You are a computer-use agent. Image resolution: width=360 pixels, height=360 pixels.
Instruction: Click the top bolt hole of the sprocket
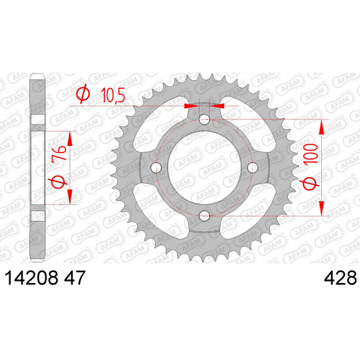point(204,119)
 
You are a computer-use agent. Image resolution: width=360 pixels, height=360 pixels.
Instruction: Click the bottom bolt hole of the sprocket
point(204,216)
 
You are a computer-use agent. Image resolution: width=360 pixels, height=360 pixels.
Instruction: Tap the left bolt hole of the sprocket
point(156,168)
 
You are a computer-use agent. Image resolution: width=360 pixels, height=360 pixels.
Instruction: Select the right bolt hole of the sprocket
point(253,167)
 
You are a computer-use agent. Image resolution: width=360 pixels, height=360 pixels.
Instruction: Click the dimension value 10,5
point(113,95)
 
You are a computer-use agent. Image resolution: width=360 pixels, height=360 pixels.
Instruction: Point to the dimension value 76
point(59,153)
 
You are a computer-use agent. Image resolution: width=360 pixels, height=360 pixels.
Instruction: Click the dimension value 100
point(311,154)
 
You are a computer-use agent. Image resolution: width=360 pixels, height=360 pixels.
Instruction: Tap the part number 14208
point(32,278)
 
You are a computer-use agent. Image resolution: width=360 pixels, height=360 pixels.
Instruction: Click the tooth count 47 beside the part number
point(75,278)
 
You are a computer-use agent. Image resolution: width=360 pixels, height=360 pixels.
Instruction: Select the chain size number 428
point(341,278)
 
